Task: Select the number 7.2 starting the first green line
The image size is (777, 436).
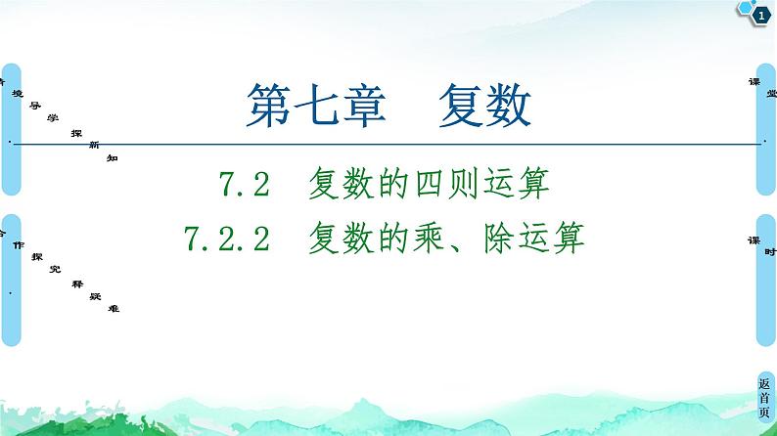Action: coord(246,184)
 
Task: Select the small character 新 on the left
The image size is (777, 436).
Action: coord(93,144)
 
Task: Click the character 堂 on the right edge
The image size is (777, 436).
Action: coord(771,92)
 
